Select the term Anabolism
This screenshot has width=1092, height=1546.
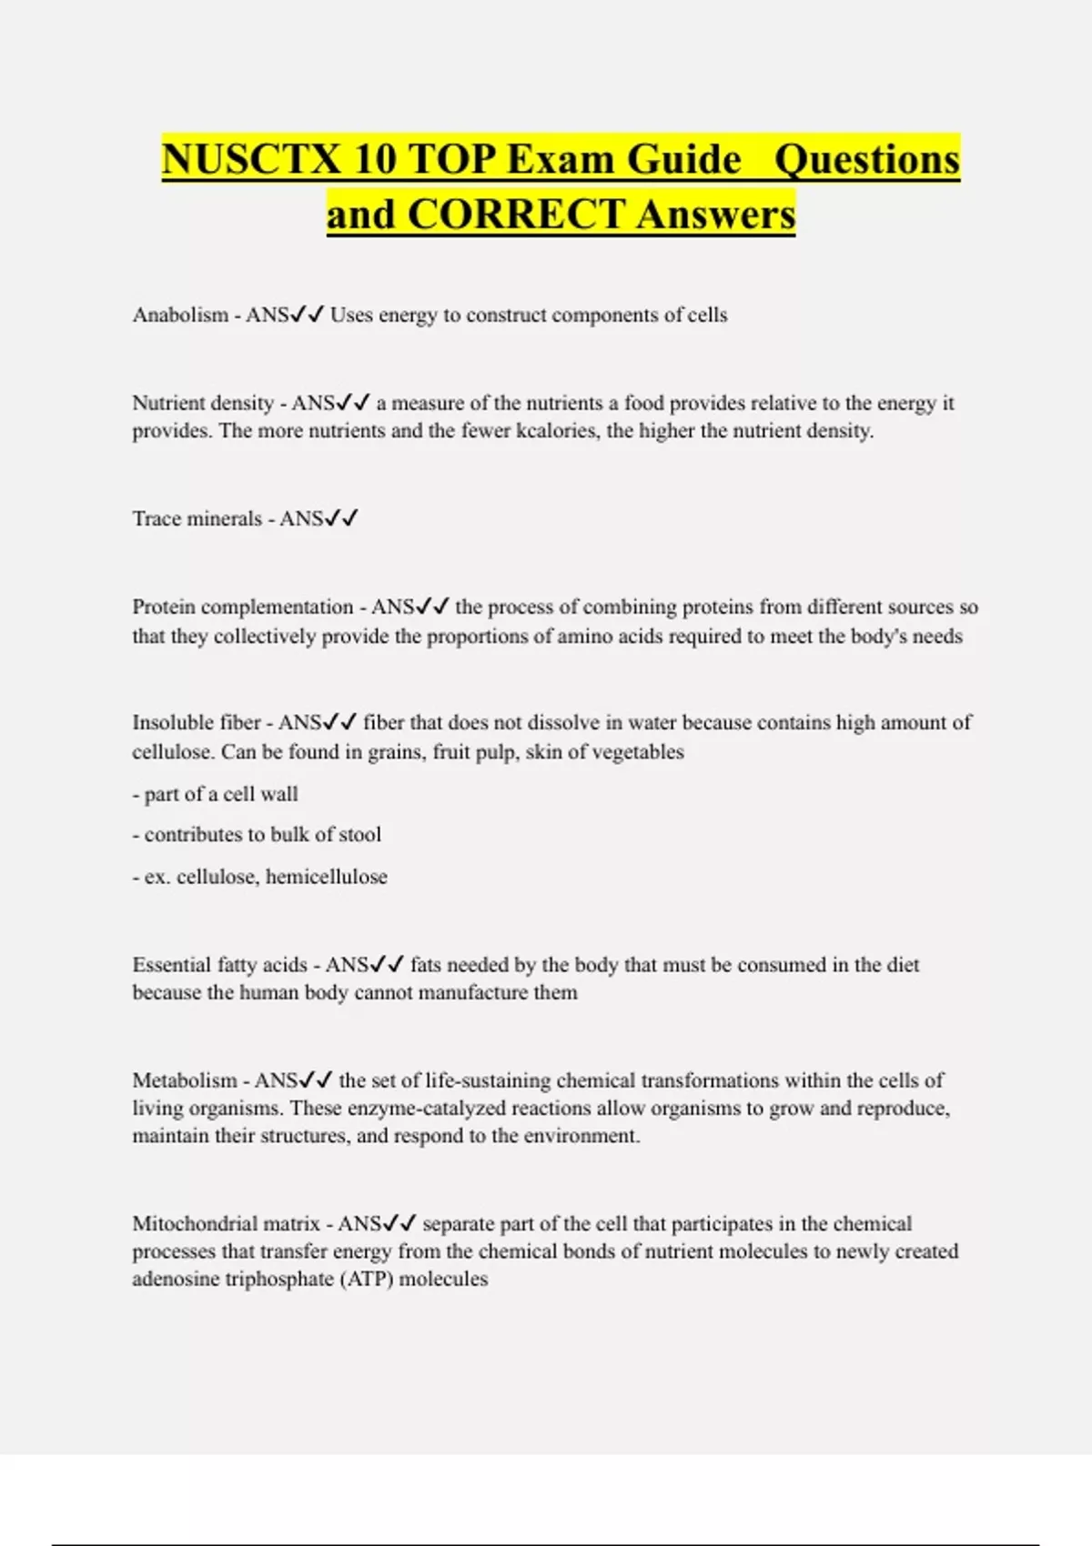pyautogui.click(x=180, y=315)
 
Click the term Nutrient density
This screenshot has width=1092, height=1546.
pyautogui.click(x=203, y=403)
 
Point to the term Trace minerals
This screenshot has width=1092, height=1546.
pyautogui.click(x=197, y=518)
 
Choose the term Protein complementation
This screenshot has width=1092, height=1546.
pyautogui.click(x=242, y=607)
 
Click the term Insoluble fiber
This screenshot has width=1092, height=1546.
pyautogui.click(x=197, y=722)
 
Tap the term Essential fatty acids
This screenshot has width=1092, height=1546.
pyautogui.click(x=219, y=965)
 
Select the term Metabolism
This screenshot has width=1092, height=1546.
pyautogui.click(x=185, y=1080)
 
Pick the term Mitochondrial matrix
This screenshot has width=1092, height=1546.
pyautogui.click(x=226, y=1223)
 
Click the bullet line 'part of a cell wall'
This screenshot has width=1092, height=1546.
pyautogui.click(x=216, y=794)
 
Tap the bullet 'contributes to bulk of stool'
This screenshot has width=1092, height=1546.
pyautogui.click(x=257, y=835)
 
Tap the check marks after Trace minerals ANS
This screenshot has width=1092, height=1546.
pyautogui.click(x=342, y=518)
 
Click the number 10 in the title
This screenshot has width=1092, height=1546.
pyautogui.click(x=375, y=160)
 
